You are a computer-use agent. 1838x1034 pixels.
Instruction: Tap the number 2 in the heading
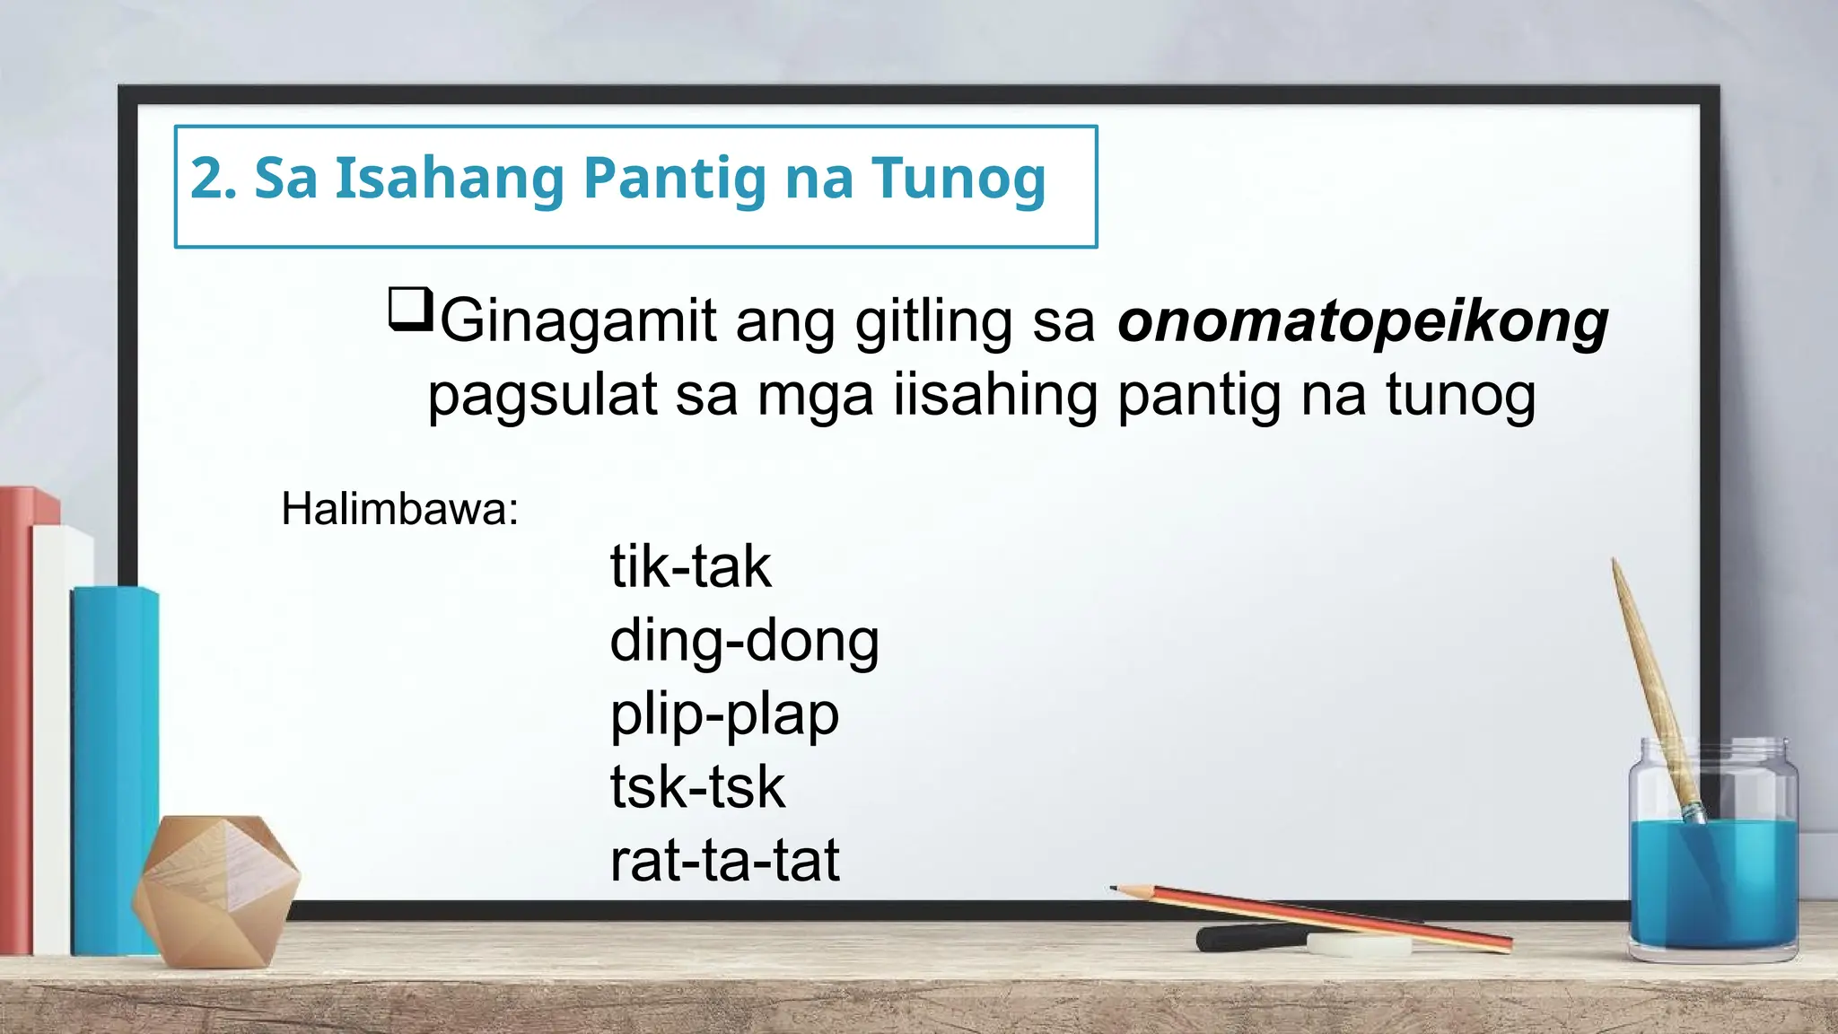pyautogui.click(x=206, y=178)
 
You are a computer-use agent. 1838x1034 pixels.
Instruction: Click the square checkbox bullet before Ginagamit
pyautogui.click(x=410, y=309)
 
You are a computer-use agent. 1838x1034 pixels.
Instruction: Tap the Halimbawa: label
pyautogui.click(x=399, y=509)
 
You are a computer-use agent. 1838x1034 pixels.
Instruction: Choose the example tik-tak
pyautogui.click(x=690, y=566)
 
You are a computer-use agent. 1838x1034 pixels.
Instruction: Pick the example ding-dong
pyautogui.click(x=744, y=641)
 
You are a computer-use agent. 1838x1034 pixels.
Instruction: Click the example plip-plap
pyautogui.click(x=724, y=714)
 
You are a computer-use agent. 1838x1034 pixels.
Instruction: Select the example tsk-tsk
pyautogui.click(x=697, y=787)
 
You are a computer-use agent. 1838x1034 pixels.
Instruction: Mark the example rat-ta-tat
pyautogui.click(x=724, y=860)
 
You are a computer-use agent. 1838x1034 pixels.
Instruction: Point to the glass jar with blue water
pyautogui.click(x=1712, y=862)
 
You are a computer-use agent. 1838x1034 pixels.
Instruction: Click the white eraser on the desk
pyautogui.click(x=1359, y=943)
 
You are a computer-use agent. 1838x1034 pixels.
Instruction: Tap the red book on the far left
pyautogui.click(x=16, y=718)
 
